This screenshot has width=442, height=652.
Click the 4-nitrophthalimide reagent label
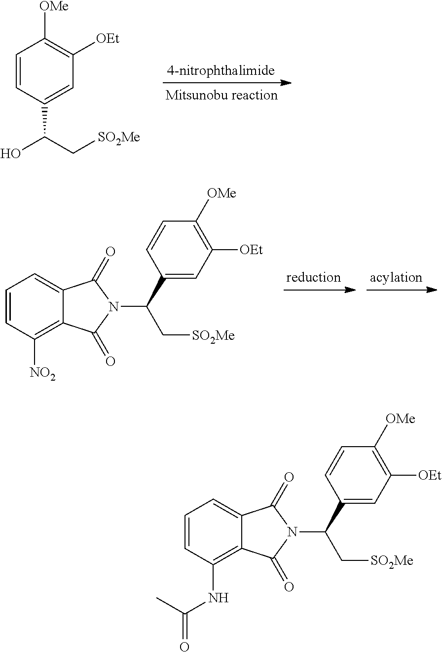point(221,71)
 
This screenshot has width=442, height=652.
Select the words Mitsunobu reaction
point(221,95)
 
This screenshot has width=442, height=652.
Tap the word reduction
point(313,277)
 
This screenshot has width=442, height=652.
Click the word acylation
point(396,278)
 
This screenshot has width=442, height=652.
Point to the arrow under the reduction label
point(320,290)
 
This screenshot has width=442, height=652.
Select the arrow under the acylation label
point(402,290)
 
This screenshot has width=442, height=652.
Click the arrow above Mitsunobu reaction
point(227,83)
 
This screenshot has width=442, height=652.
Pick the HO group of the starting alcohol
point(11,153)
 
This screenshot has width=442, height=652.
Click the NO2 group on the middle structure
point(42,373)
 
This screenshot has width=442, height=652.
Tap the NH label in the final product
point(219,598)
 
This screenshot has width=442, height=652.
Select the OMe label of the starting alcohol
point(54,6)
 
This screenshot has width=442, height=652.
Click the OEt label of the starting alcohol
point(108,38)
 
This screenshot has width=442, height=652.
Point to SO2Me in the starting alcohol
point(119,138)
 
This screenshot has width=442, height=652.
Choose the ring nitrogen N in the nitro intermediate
point(114,306)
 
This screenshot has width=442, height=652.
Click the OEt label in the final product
point(430,475)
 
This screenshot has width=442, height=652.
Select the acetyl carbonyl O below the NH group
point(184,647)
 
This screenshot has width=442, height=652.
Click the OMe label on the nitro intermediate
point(221,193)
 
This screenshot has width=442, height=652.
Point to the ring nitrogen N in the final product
point(293,532)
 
